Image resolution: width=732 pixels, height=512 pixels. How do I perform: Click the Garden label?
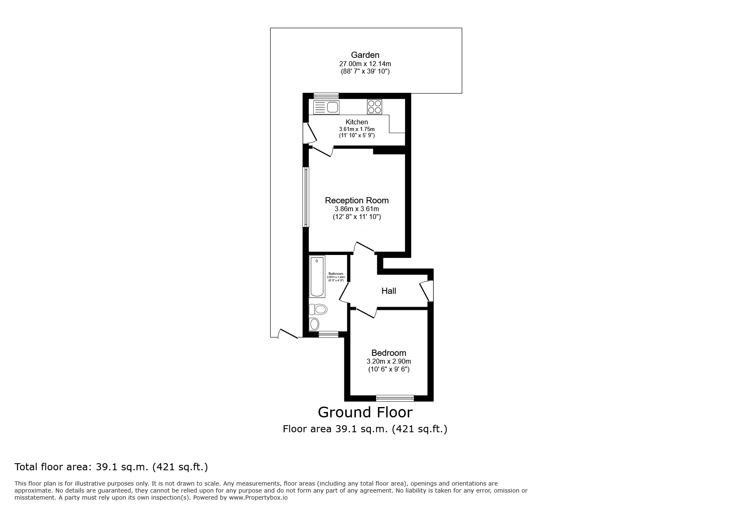pos(365,55)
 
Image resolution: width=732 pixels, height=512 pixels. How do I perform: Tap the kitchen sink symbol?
pos(327,107)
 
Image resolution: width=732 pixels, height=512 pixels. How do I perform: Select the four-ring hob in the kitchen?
pos(374,107)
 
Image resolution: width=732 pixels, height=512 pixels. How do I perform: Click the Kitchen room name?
pos(357,122)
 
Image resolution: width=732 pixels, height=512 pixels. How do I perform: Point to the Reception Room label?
pos(357,200)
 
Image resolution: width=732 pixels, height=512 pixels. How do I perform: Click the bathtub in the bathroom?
pos(317,276)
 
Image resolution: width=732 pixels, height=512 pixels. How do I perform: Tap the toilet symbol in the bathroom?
pos(319,309)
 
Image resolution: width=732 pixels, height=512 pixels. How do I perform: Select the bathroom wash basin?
pos(315,324)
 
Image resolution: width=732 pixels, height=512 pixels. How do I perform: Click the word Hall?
pos(389,291)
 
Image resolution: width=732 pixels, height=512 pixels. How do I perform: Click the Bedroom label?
pos(389,353)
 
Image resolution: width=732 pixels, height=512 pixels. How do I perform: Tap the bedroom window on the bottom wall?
pos(395,398)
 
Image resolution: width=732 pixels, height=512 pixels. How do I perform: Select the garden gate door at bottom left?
pos(288,334)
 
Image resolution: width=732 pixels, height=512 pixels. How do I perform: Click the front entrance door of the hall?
pos(426,291)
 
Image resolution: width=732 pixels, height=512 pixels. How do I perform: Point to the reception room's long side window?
pos(306,197)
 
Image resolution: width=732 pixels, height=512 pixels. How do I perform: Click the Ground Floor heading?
pos(365,412)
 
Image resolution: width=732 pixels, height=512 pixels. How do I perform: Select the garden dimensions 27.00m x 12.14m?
pos(365,64)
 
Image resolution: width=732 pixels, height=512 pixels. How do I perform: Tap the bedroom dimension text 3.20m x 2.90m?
pos(389,362)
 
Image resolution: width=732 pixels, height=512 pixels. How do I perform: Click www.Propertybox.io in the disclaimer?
pos(258,498)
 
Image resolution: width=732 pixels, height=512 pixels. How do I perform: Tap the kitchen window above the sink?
pos(326,96)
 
